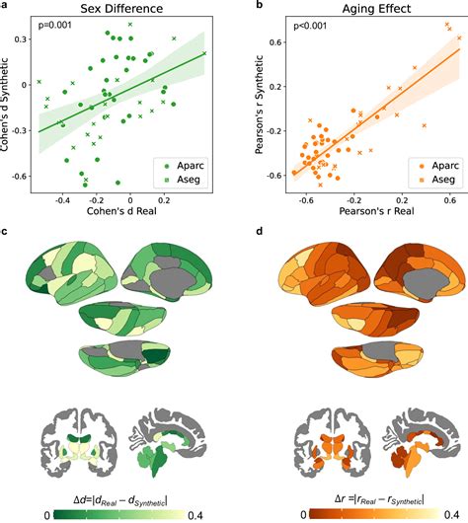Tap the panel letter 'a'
(5, 6)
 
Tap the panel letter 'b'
(258, 6)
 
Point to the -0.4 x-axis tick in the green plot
(62, 199)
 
